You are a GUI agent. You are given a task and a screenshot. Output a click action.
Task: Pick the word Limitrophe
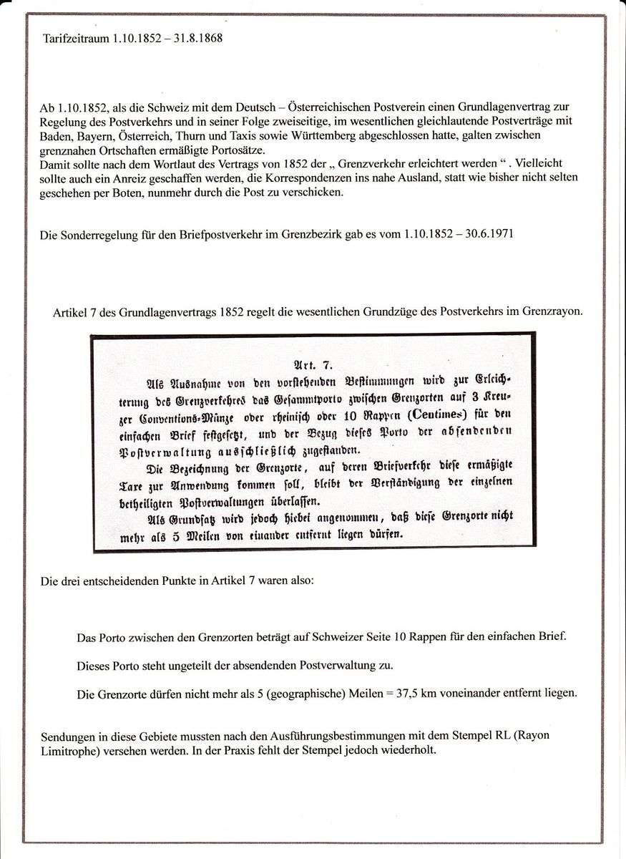68,751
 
